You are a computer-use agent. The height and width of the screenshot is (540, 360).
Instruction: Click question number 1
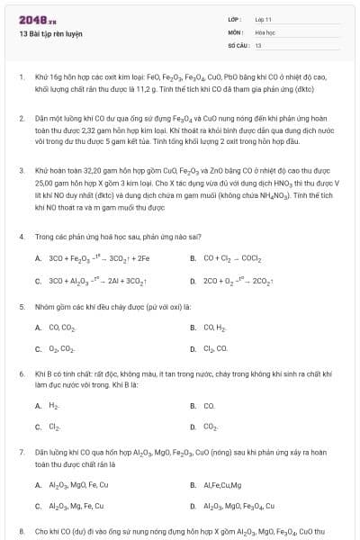point(21,77)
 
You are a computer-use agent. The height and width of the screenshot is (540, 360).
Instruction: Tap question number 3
point(21,169)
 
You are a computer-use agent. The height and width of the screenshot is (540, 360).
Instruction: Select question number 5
point(21,306)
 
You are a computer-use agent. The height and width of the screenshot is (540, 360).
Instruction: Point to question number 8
point(21,532)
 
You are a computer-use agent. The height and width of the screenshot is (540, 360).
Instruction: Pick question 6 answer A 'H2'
point(53,405)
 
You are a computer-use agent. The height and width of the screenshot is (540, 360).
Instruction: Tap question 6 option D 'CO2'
point(211,427)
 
